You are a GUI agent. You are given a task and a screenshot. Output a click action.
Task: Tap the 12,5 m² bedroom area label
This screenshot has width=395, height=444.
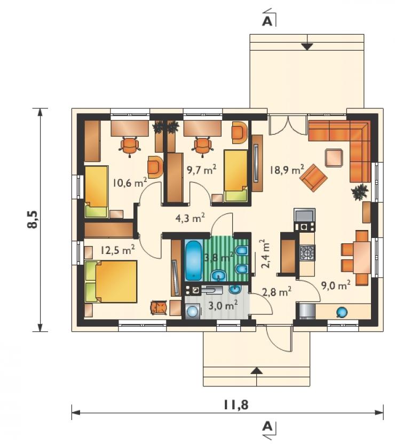coord(117,250)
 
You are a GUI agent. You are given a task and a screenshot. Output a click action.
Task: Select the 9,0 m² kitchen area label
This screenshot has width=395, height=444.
coord(336,286)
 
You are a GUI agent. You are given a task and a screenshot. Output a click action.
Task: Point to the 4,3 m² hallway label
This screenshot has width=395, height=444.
coord(190,218)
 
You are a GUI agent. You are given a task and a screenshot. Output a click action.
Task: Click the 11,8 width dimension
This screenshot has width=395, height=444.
coord(236,405)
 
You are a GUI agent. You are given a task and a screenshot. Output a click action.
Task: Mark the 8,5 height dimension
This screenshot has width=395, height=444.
coord(33,220)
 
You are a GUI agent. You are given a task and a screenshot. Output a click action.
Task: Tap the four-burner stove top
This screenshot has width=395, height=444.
coord(307,253)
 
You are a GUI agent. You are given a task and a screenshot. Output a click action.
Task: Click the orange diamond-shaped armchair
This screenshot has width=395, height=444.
coord(314,178)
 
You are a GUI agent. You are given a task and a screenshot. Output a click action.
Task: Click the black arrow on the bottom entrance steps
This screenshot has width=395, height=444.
coord(257,370)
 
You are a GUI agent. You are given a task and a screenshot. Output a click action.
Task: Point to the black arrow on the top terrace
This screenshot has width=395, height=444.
coord(307,47)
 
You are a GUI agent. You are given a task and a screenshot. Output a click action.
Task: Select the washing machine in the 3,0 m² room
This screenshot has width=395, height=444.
coord(193,312)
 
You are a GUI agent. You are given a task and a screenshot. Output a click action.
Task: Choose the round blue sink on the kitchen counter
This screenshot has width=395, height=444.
coord(342,312)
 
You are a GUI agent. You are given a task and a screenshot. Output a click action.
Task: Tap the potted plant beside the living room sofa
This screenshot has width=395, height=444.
coord(360,193)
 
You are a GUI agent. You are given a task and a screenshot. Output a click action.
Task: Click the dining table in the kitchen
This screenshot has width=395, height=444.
coord(362,257)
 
